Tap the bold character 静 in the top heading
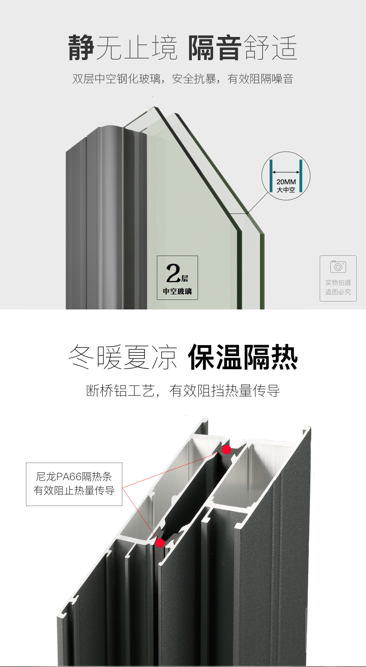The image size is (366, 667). coord(82,47)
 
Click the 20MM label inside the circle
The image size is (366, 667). coord(286,182)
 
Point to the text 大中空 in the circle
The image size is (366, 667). coord(286,190)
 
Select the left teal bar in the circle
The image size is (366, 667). coord(271,176)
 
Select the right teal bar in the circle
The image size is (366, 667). coord(301,176)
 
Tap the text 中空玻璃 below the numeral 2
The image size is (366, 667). coord(177,292)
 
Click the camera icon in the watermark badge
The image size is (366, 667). coord(338,267)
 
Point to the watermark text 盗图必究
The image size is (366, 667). coord(338,292)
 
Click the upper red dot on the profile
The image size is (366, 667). coord(227,449)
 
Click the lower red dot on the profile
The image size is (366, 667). coord(160,543)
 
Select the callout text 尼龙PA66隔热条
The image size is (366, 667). coord(74,477)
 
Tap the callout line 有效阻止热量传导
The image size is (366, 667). coord(74,491)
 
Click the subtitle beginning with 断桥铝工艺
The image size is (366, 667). coord(183,391)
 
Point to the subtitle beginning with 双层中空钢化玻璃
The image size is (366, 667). coord(183,79)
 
